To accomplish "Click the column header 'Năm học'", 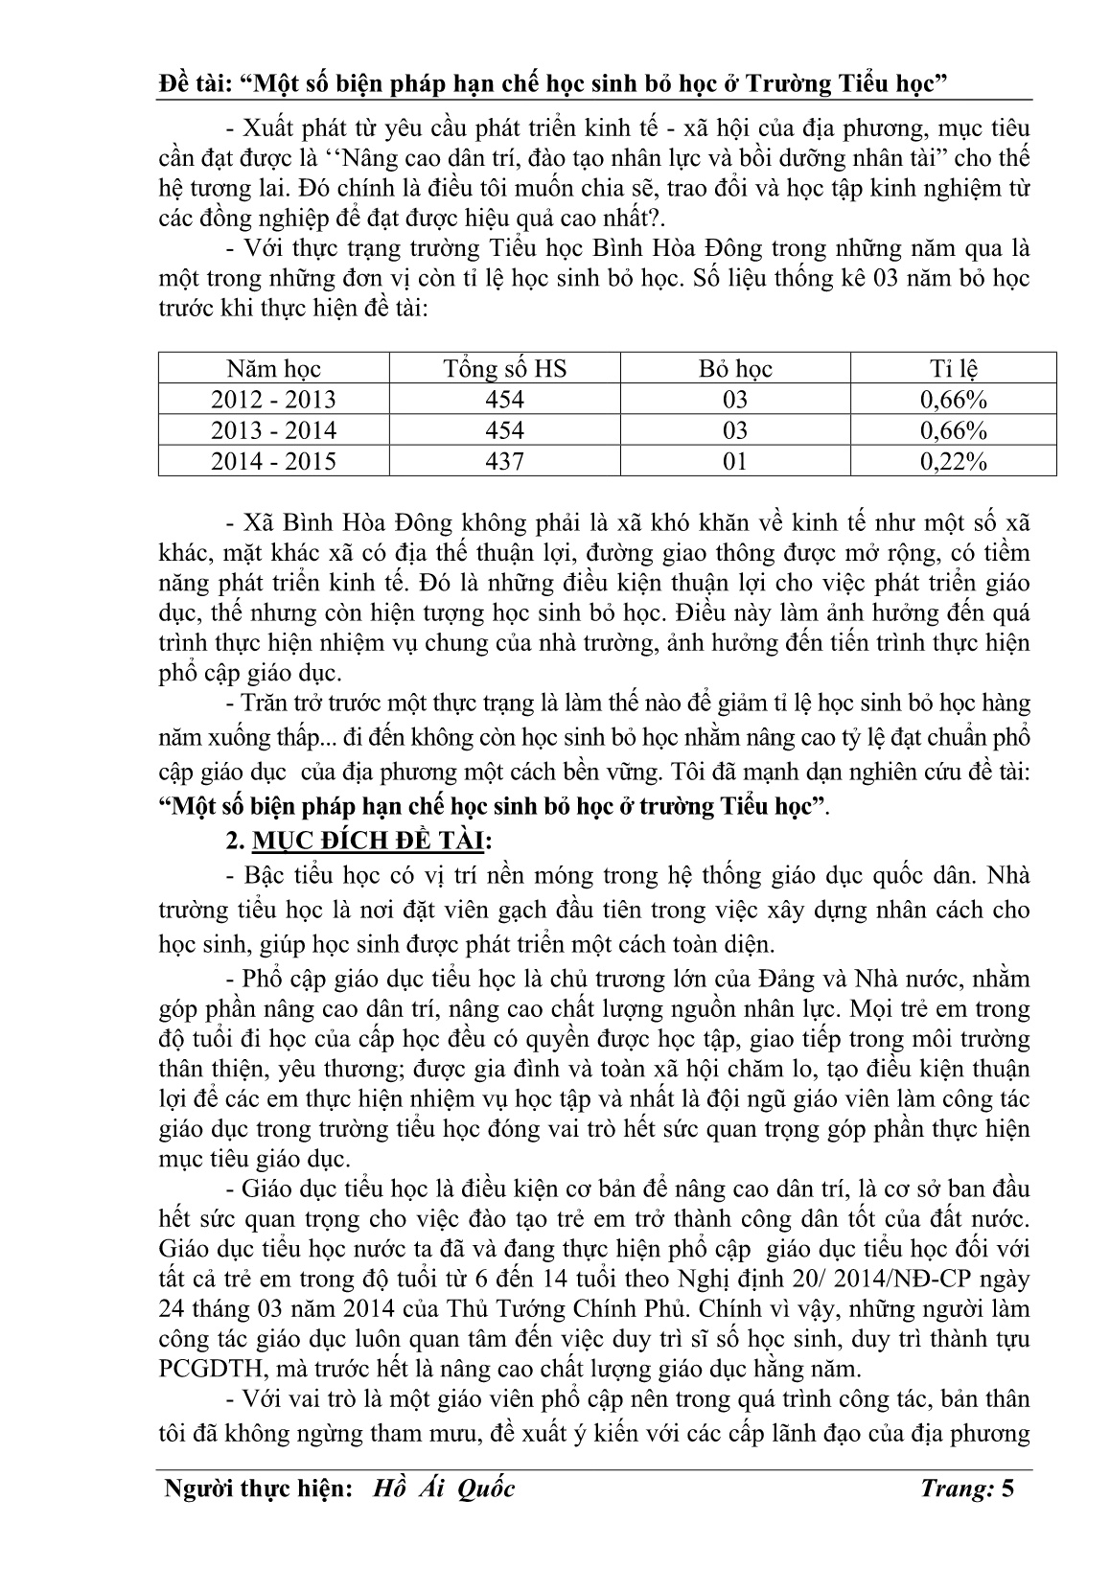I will [x=273, y=369].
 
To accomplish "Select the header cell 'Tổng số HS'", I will [x=504, y=369].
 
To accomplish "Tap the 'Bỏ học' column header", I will [x=735, y=369].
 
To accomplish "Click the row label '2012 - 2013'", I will [x=273, y=400].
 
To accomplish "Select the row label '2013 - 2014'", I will [x=273, y=430].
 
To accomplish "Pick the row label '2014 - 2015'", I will [x=273, y=461].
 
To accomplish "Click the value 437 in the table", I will [x=504, y=461].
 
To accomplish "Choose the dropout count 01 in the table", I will [x=735, y=461].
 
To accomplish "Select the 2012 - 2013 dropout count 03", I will [x=735, y=400].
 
